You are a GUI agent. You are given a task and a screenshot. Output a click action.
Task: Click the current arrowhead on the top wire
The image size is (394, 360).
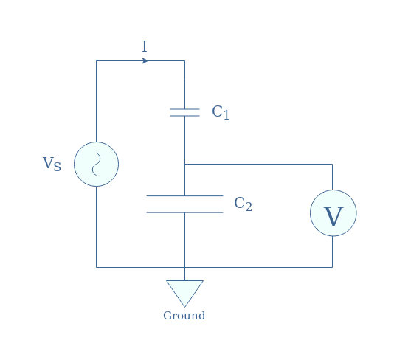coord(145,60)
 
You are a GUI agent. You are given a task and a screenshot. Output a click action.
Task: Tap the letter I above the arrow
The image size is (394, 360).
coord(145,46)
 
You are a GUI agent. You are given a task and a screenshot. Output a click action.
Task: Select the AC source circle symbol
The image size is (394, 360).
coord(96,164)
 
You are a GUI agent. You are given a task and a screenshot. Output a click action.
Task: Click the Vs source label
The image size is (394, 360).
coord(52,164)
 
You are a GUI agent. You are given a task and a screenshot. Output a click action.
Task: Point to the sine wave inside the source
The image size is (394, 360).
coord(96,164)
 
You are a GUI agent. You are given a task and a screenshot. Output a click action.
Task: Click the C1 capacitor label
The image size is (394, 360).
coord(221,112)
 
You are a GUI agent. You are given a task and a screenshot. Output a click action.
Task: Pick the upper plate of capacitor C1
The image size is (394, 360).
coord(184,109)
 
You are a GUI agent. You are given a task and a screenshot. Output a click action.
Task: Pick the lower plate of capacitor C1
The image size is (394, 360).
coord(184,116)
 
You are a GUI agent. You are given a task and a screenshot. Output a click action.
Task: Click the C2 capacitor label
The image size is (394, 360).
coord(243,204)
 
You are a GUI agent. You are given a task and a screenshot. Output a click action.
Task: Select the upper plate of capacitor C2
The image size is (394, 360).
coord(184,195)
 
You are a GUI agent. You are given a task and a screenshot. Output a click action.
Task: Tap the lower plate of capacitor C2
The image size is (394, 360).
coord(184,212)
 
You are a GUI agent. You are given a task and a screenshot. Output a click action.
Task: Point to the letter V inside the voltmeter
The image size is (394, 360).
coord(333,216)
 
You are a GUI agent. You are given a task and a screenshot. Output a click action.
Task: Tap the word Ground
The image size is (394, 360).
coord(184,316)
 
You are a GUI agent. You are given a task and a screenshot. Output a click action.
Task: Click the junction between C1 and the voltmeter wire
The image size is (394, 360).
coord(185,164)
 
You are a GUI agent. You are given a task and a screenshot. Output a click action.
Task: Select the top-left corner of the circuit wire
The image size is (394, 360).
coord(96,60)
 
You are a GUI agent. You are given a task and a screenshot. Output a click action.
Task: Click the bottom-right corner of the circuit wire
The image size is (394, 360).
coord(333,267)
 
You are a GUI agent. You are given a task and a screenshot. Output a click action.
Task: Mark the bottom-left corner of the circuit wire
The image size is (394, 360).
coord(96,267)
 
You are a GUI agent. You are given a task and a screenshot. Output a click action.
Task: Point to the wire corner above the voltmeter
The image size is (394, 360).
coord(333,164)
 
